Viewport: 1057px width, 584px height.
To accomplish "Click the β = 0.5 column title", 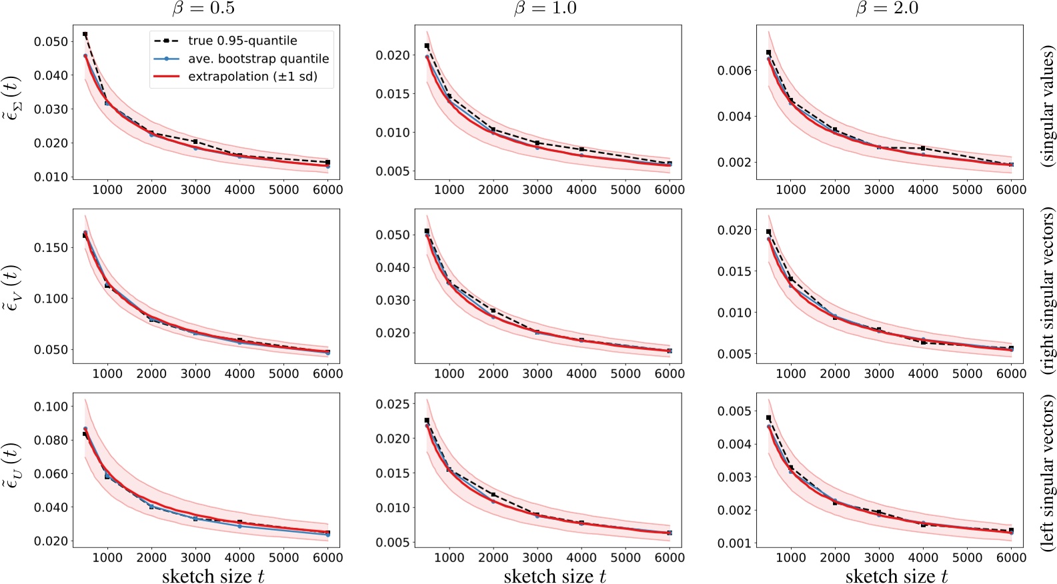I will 204,9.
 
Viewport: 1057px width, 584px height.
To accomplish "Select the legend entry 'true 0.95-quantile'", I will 242,41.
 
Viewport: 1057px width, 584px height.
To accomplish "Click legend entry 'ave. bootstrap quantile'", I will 258,59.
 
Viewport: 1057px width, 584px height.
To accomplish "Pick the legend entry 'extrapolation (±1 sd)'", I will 252,77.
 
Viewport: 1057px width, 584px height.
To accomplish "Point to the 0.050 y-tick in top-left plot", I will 51,41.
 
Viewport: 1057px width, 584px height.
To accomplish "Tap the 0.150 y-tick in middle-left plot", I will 51,247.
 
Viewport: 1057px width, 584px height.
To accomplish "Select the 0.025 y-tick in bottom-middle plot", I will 393,404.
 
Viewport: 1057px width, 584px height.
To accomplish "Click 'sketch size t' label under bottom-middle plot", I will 555,576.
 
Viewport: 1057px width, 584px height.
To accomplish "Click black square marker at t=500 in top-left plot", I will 85,34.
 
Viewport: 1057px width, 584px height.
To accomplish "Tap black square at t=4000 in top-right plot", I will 923,148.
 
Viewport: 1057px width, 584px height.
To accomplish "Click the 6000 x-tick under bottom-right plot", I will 1011,557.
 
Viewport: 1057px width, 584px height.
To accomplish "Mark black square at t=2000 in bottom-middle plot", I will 493,495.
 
